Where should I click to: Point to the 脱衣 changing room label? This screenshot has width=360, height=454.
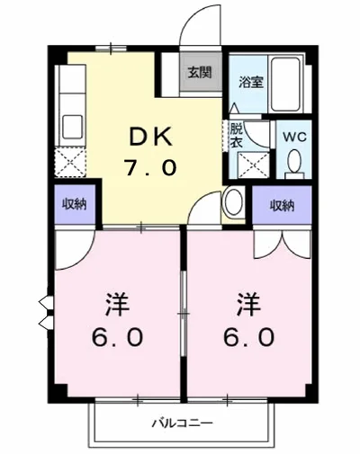tap(237, 135)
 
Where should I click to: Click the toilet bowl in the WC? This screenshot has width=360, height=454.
tap(293, 162)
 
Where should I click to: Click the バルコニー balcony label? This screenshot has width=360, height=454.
tap(181, 423)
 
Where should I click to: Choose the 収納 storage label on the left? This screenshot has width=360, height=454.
tap(76, 203)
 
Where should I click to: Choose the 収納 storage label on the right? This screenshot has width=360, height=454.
tap(282, 205)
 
